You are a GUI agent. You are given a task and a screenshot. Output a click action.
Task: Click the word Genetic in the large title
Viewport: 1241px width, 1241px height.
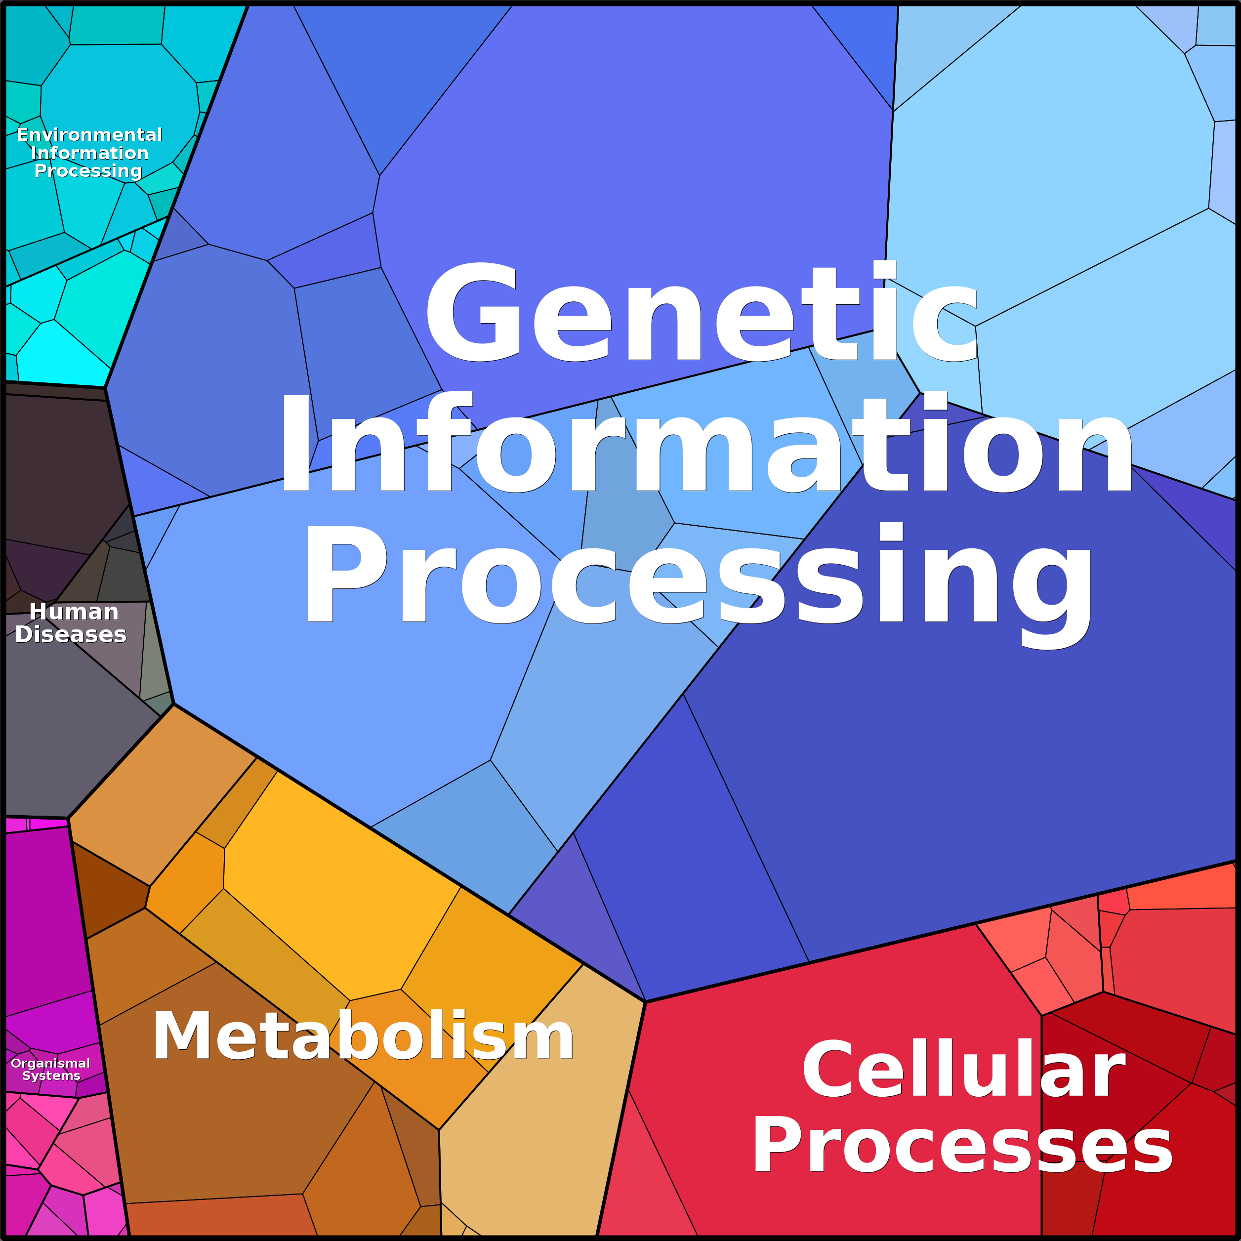pyautogui.click(x=702, y=312)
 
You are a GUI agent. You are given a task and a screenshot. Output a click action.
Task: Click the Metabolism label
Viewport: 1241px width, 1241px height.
pyautogui.click(x=363, y=1035)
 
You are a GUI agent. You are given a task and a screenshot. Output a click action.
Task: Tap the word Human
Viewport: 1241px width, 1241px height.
pyautogui.click(x=74, y=612)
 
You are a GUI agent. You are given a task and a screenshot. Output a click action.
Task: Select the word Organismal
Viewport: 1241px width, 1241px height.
pyautogui.click(x=51, y=1063)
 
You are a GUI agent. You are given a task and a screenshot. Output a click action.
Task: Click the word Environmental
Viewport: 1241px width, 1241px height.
pyautogui.click(x=89, y=134)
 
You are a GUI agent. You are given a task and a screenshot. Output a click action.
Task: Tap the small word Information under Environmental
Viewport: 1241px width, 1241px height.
pyautogui.click(x=89, y=153)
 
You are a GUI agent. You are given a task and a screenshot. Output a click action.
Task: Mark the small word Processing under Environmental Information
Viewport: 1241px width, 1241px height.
pyautogui.click(x=88, y=171)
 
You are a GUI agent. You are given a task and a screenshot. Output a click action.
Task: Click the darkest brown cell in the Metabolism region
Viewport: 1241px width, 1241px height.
pyautogui.click(x=109, y=890)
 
